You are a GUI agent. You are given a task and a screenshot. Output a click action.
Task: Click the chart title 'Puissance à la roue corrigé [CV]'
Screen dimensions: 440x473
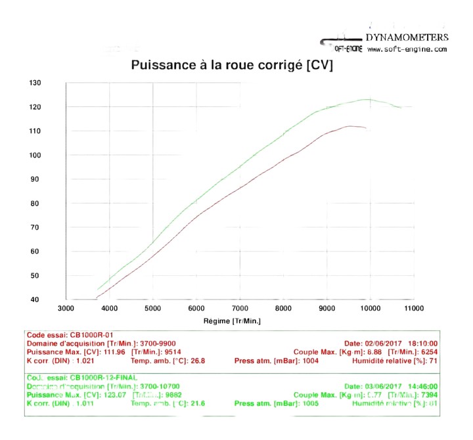[232, 65]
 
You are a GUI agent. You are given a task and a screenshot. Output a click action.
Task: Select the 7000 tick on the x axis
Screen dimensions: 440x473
[240, 308]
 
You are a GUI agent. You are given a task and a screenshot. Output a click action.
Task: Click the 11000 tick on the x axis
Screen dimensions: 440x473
[413, 308]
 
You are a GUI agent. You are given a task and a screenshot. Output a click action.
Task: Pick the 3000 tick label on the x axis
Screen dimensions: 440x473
[66, 308]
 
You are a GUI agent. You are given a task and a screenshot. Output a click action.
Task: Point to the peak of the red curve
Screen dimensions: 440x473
[351, 126]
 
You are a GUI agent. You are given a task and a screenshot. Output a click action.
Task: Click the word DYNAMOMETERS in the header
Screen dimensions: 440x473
[406, 37]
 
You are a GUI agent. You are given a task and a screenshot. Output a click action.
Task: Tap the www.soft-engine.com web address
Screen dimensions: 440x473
[407, 49]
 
